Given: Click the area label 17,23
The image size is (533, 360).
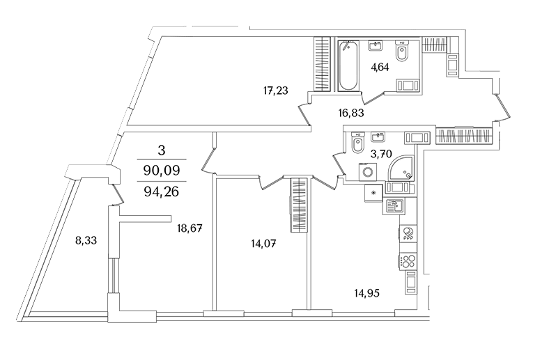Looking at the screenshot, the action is [x=276, y=91].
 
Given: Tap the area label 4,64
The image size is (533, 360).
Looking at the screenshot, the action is [x=379, y=68].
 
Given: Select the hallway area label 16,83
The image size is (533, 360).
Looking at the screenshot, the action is [x=351, y=112].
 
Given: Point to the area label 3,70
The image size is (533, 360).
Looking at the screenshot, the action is [x=381, y=154].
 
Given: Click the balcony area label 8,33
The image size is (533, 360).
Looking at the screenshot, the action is [x=86, y=241].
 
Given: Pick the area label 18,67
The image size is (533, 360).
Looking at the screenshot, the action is [x=190, y=228].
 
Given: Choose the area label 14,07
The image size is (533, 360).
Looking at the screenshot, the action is [x=263, y=244].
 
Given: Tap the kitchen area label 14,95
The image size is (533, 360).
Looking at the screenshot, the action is [x=366, y=292].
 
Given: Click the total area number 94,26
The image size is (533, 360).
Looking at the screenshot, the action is [x=162, y=192].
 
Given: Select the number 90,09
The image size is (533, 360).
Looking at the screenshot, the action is [x=162, y=170].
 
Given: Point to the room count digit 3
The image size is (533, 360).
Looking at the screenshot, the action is [x=162, y=150].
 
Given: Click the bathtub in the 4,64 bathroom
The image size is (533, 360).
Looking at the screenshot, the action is [x=348, y=65].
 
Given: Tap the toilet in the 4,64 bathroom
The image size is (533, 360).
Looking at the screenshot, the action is [x=402, y=52].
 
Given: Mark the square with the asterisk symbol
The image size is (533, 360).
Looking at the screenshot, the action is [x=374, y=194].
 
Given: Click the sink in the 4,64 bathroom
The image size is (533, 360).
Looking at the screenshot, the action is [x=376, y=45].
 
